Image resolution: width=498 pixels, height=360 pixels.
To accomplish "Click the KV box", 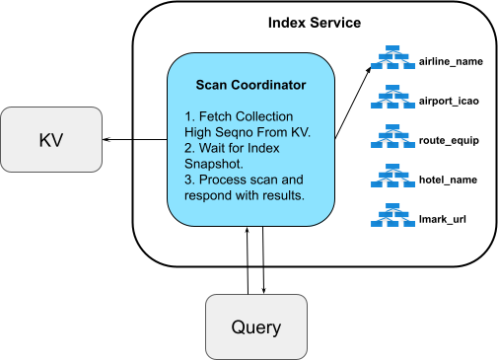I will pos(51,139).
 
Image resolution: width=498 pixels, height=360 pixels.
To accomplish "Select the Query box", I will pos(256,325).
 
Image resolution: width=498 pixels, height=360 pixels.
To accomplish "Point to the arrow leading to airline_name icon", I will pos(355,99).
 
